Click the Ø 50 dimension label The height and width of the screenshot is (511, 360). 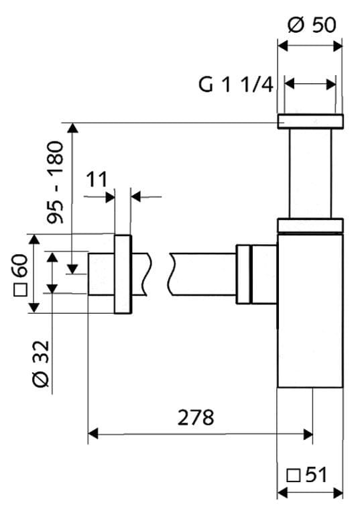(x=312, y=25)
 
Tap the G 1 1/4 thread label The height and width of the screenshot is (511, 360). (x=236, y=84)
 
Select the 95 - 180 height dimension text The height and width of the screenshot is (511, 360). (x=55, y=182)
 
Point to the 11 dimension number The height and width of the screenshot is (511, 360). (x=97, y=179)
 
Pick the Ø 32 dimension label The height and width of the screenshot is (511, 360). (x=42, y=363)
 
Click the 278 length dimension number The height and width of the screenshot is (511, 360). (x=196, y=417)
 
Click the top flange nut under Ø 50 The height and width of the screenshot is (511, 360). (x=310, y=121)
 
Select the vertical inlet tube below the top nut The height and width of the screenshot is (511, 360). (x=310, y=174)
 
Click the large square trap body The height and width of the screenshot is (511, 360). (x=310, y=310)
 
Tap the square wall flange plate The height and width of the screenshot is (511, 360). (x=123, y=274)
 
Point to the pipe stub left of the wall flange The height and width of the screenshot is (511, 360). (x=101, y=274)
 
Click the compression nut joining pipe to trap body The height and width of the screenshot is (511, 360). (x=256, y=274)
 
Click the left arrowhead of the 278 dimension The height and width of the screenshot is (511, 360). (x=93, y=434)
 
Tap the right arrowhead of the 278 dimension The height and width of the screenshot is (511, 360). (x=308, y=434)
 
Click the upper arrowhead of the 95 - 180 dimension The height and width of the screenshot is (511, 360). (x=73, y=127)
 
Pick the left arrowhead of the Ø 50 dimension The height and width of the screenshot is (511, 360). (x=283, y=46)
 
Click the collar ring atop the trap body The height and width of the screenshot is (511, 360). (x=310, y=225)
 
